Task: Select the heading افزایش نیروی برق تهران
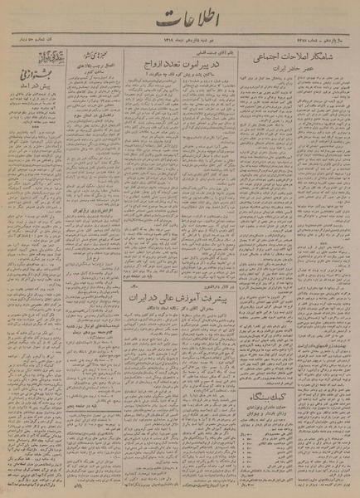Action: point(88,238)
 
